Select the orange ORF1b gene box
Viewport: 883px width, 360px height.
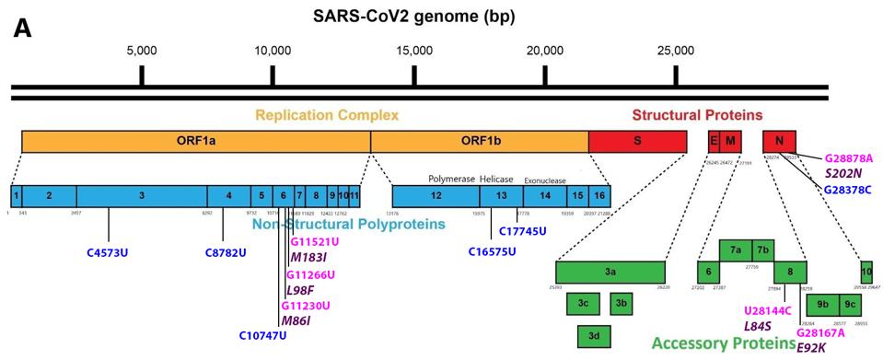tap(479, 142)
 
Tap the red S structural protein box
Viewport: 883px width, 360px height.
tap(637, 142)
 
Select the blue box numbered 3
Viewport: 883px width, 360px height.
tap(142, 196)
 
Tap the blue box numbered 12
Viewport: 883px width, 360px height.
tap(436, 196)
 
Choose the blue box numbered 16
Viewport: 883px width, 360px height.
tap(599, 196)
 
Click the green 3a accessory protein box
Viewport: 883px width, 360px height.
tap(610, 273)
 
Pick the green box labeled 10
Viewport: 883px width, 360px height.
tap(866, 273)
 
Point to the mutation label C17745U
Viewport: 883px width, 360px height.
tap(522, 232)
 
